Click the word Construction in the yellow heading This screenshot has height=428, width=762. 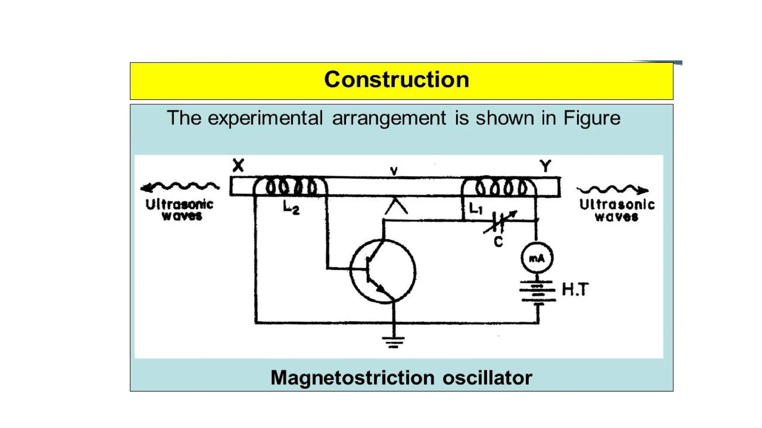tap(397, 80)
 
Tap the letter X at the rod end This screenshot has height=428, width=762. tap(238, 165)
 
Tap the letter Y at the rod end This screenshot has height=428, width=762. tap(545, 166)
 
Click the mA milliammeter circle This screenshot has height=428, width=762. tap(537, 258)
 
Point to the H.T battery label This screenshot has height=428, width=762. tap(575, 289)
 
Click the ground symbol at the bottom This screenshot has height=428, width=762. tap(393, 342)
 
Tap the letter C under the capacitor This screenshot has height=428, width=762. tap(498, 242)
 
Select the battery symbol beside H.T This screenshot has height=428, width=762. tap(538, 292)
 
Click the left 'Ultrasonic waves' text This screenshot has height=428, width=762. tap(180, 210)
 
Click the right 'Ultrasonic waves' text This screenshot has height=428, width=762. tap(617, 210)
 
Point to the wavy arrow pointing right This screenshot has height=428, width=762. tap(612, 190)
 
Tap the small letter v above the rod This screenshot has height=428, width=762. tap(394, 171)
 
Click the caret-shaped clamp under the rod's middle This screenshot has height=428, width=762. tap(396, 207)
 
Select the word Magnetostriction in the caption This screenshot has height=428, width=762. tap(352, 378)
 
